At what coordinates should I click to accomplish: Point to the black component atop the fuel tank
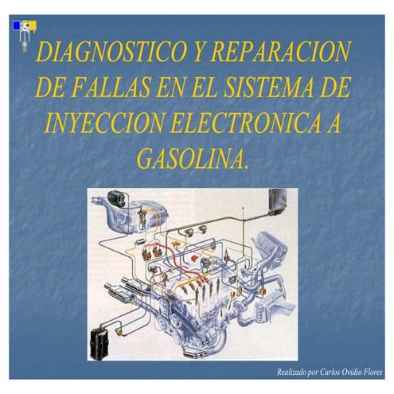pos(117,195)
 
